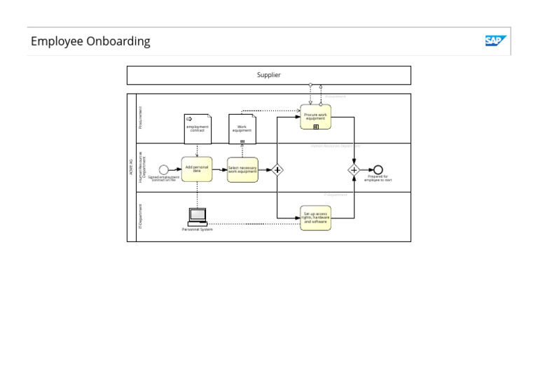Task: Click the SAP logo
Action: (495, 41)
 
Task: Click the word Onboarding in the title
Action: (118, 41)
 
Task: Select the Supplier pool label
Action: (268, 75)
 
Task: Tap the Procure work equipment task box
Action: (315, 117)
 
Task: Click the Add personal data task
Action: (197, 169)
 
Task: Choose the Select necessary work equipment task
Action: (242, 169)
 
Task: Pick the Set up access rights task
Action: (315, 218)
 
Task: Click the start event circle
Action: (164, 169)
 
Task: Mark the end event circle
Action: (378, 169)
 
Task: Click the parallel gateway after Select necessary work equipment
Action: (277, 169)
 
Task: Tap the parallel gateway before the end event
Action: (354, 169)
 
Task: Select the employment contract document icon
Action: (197, 128)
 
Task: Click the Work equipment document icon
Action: (242, 128)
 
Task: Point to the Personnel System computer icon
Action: (198, 217)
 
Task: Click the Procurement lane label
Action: (140, 118)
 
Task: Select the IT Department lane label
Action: (140, 216)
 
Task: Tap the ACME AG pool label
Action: (131, 167)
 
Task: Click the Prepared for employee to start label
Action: (378, 178)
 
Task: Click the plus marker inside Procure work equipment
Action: (316, 127)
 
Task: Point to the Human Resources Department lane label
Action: (142, 167)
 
